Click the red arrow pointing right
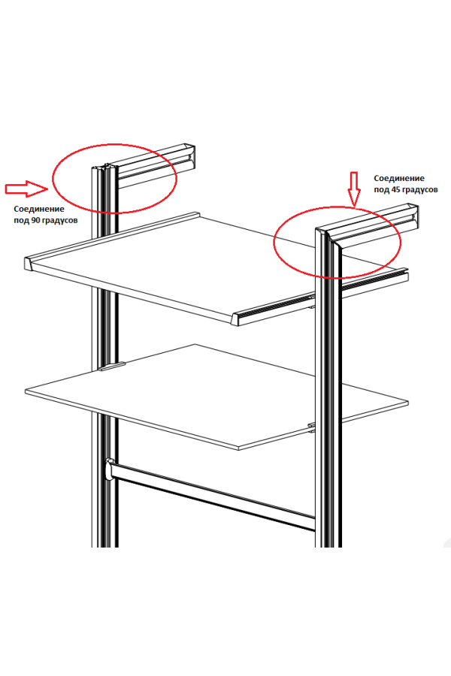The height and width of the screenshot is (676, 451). point(26,189)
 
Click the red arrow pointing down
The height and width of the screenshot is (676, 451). point(354,189)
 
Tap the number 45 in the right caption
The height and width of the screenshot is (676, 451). point(397,189)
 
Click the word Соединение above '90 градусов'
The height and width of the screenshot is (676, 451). point(39,209)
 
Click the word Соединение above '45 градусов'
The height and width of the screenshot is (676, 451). point(399,178)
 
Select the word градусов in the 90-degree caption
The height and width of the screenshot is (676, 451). point(61,221)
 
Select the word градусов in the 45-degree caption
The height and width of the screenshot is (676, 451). point(421,190)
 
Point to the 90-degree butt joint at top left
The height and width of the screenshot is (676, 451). point(110,170)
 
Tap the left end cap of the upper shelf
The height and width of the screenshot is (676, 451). point(29,264)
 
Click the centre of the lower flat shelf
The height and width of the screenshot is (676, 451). point(216,397)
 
